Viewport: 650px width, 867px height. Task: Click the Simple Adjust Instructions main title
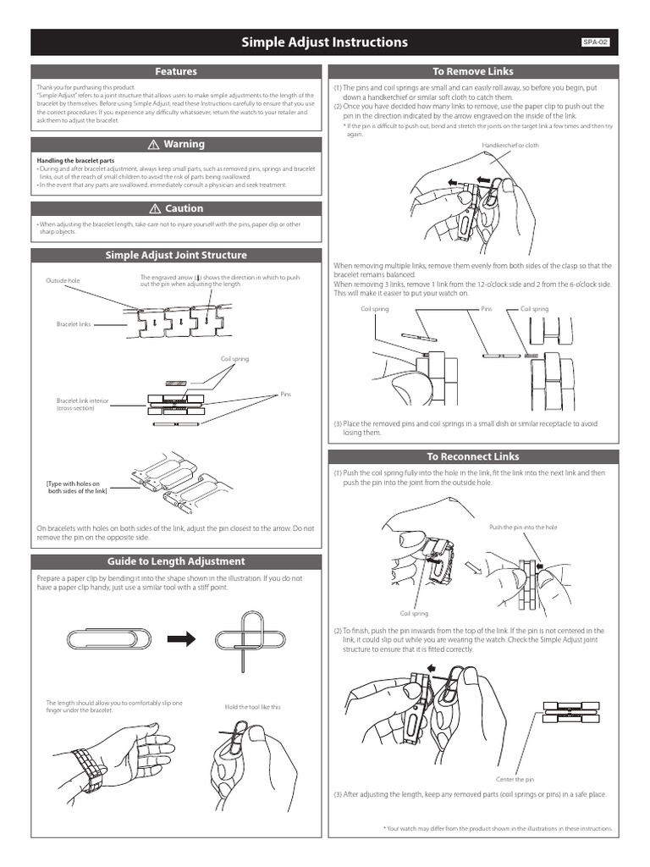click(325, 42)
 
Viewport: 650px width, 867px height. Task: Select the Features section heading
click(176, 72)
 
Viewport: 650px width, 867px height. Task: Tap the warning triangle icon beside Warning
click(155, 145)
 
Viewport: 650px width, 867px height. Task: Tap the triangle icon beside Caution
click(155, 208)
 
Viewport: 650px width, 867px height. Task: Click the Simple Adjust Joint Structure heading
click(176, 255)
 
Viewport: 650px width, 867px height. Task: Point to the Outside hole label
click(62, 280)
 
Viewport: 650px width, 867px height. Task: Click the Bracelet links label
click(74, 324)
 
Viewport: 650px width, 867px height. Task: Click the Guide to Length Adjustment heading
click(176, 561)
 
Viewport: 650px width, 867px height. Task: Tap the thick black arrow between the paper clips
click(181, 638)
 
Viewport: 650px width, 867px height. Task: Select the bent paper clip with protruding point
click(254, 638)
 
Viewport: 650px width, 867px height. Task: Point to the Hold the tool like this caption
click(252, 707)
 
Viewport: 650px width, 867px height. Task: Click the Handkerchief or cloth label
click(510, 146)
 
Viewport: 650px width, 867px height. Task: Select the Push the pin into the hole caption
click(523, 527)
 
